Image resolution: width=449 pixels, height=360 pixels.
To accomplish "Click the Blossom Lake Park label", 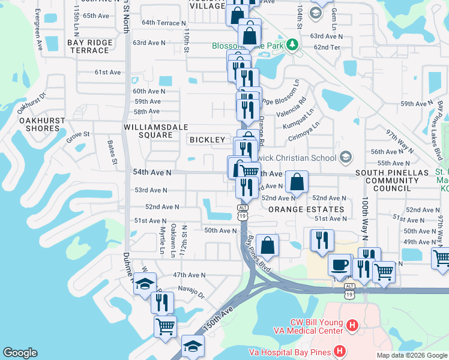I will coord(248,46).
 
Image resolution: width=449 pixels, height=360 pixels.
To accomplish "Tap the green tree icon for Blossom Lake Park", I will coord(292,44).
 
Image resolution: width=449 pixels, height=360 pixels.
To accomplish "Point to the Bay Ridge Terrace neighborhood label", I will coord(89,46).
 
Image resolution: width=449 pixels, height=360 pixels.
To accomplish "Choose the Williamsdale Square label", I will coord(148,131).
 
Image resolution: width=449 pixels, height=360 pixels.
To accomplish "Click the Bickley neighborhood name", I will coord(207,140).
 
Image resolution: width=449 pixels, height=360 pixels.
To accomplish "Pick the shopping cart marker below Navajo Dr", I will coord(165,326).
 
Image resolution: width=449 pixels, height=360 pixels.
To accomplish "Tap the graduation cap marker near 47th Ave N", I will coord(144,283).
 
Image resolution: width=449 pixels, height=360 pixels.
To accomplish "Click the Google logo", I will coord(20,353).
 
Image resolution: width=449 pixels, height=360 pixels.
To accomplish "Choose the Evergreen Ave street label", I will coord(40,28).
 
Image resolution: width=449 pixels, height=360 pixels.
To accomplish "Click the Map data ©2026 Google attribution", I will coord(412,355).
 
